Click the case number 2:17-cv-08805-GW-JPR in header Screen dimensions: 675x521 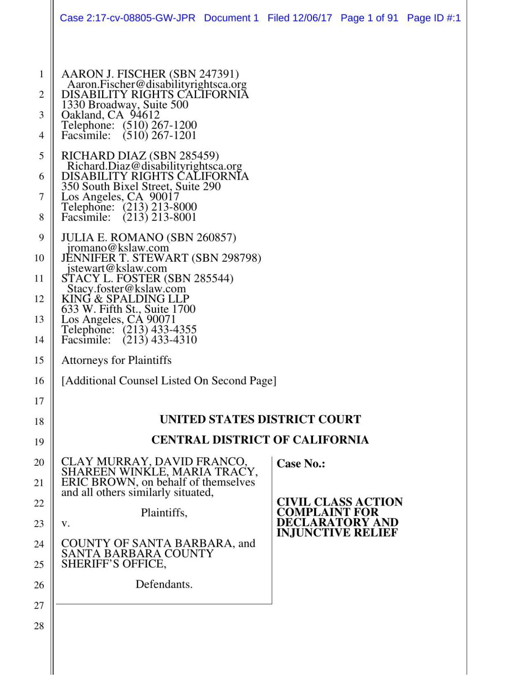click(141, 18)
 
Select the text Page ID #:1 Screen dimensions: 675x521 click(433, 18)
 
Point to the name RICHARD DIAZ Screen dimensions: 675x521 click(104, 156)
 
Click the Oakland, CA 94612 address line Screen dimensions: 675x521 click(110, 115)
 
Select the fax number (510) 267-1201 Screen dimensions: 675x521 click(159, 135)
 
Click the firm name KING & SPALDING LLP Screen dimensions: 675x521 click(125, 299)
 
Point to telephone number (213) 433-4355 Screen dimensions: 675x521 click(159, 330)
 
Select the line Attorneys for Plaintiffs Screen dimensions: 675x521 click(116, 360)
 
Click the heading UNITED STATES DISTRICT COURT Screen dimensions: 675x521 click(260, 420)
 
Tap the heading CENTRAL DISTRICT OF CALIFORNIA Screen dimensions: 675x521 click(260, 440)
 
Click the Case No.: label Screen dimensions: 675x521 click(301, 464)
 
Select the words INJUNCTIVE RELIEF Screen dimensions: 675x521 click(337, 533)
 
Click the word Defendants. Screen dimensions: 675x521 click(164, 584)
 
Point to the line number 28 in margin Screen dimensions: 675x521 click(39, 626)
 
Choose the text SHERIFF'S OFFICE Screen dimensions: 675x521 click(114, 564)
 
